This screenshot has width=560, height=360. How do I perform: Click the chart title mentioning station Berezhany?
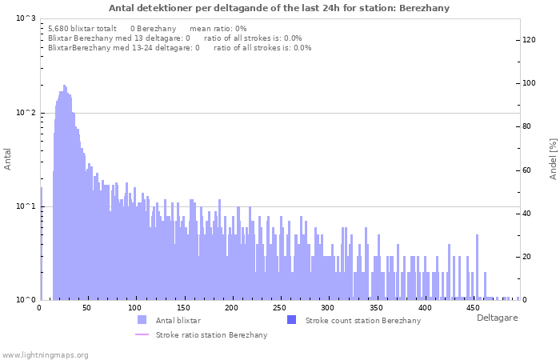[279, 8]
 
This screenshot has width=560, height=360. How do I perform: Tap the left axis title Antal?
[8, 158]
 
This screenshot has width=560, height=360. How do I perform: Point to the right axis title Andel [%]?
[553, 158]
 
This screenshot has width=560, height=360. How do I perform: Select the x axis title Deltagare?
[498, 318]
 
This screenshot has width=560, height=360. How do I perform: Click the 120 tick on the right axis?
[530, 40]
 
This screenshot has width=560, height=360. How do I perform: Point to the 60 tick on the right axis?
[528, 170]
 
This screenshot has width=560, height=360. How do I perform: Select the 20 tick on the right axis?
[528, 257]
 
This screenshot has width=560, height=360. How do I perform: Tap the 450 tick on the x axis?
[473, 308]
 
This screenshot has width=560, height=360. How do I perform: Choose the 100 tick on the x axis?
[135, 308]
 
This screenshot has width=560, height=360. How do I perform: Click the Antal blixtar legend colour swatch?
[142, 320]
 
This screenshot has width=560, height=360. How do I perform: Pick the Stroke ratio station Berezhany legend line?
[142, 334]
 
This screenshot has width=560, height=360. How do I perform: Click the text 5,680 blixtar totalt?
[82, 28]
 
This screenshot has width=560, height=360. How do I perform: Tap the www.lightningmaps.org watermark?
[45, 354]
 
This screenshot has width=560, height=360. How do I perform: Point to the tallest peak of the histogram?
[64, 86]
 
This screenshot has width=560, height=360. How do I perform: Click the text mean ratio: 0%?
[218, 28]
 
